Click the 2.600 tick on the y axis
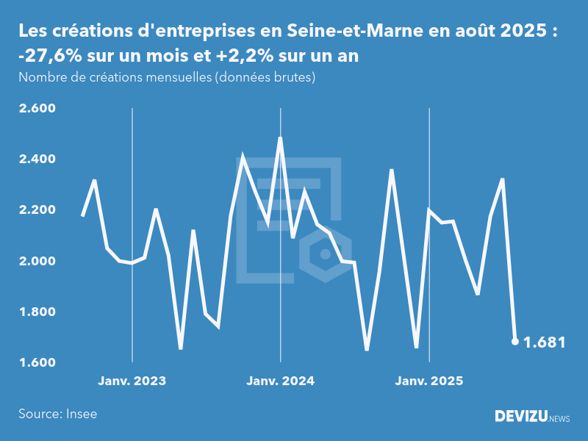coord(37,108)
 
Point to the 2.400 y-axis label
coord(37,159)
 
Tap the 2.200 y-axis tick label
coord(37,210)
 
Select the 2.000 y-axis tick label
coord(37,261)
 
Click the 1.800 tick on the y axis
coord(37,312)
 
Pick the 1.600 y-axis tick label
coord(37,362)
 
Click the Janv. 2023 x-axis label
coord(132,381)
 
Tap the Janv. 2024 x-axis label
coord(280,381)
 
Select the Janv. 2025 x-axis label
coord(429,381)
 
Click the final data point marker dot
coord(514,341)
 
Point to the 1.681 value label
coord(544,343)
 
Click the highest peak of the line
coord(280,138)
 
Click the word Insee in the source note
coord(81,414)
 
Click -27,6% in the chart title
coord(46,56)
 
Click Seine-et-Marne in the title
coord(340,31)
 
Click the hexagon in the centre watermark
coord(324,254)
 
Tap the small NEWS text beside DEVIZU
coord(559,418)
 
